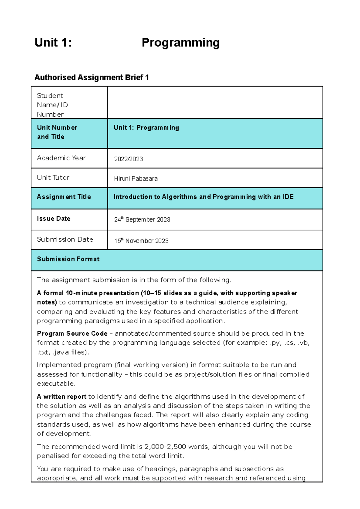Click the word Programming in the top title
click(x=181, y=43)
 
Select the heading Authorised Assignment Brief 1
click(x=91, y=78)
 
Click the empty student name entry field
click(x=215, y=103)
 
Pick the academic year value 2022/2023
click(x=128, y=159)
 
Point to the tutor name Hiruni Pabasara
click(x=136, y=179)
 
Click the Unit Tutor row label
click(x=53, y=178)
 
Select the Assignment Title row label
click(x=64, y=197)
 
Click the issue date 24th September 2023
click(x=142, y=220)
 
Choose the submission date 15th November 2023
click(x=141, y=241)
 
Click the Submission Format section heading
click(x=68, y=259)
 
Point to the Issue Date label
click(x=53, y=219)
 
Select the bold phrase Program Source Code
click(x=72, y=334)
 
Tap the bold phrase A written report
click(x=61, y=397)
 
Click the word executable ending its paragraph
click(x=55, y=384)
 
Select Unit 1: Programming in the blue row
click(x=146, y=128)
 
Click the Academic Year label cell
click(x=61, y=158)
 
